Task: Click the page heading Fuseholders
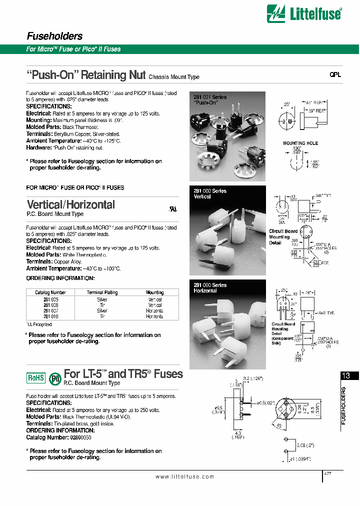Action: pyautogui.click(x=54, y=36)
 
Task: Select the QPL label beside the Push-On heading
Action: pyautogui.click(x=334, y=74)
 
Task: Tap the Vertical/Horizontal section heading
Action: pyautogui.click(x=70, y=204)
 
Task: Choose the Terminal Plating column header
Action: pyautogui.click(x=102, y=292)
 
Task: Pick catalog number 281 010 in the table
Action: pyautogui.click(x=50, y=316)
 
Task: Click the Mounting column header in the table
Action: pyautogui.click(x=154, y=292)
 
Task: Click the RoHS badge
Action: pyautogui.click(x=35, y=378)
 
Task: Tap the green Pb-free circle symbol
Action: pyautogui.click(x=54, y=378)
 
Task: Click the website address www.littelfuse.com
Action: pyautogui.click(x=184, y=477)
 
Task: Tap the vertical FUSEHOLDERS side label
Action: pyautogui.click(x=343, y=405)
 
